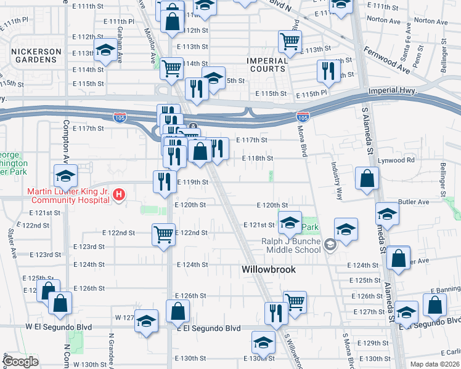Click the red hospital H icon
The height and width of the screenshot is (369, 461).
click(x=120, y=195)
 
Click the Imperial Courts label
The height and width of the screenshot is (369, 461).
click(x=267, y=65)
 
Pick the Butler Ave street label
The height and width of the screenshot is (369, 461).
click(x=414, y=202)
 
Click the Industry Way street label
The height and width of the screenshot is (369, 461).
click(x=338, y=177)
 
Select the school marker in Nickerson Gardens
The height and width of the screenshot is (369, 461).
click(x=105, y=51)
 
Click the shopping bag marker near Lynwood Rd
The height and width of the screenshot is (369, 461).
click(x=367, y=178)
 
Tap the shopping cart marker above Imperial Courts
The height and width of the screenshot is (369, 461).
click(x=289, y=42)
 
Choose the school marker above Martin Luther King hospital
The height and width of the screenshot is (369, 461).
click(x=65, y=177)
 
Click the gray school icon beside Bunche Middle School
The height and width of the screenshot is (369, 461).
click(x=330, y=245)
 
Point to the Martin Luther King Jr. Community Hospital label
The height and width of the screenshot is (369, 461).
click(x=68, y=196)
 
